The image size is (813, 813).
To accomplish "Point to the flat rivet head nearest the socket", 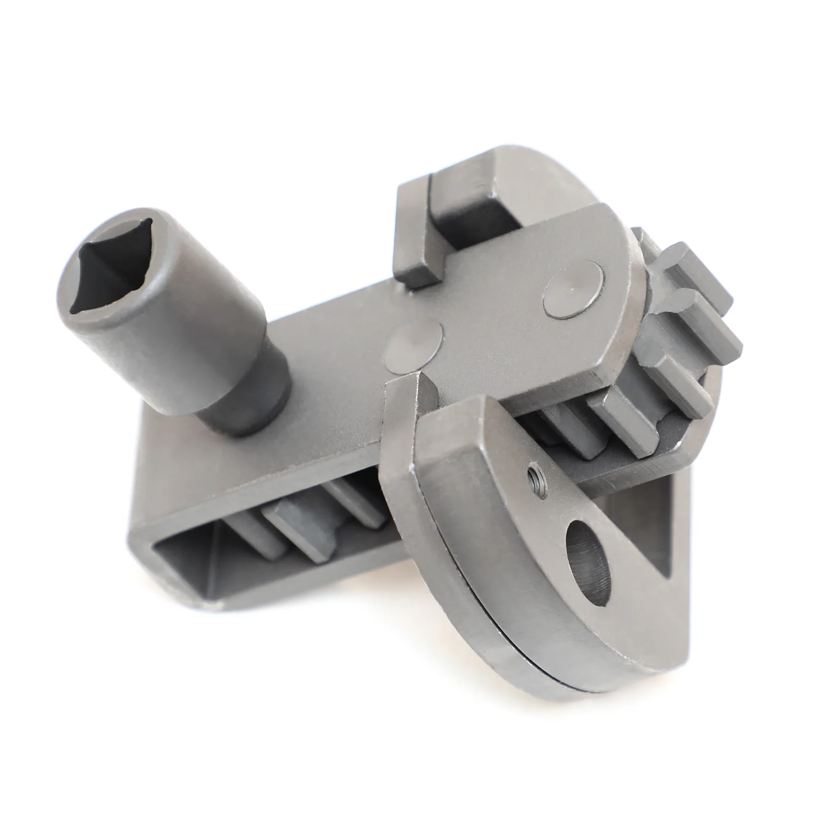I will (413, 345).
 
